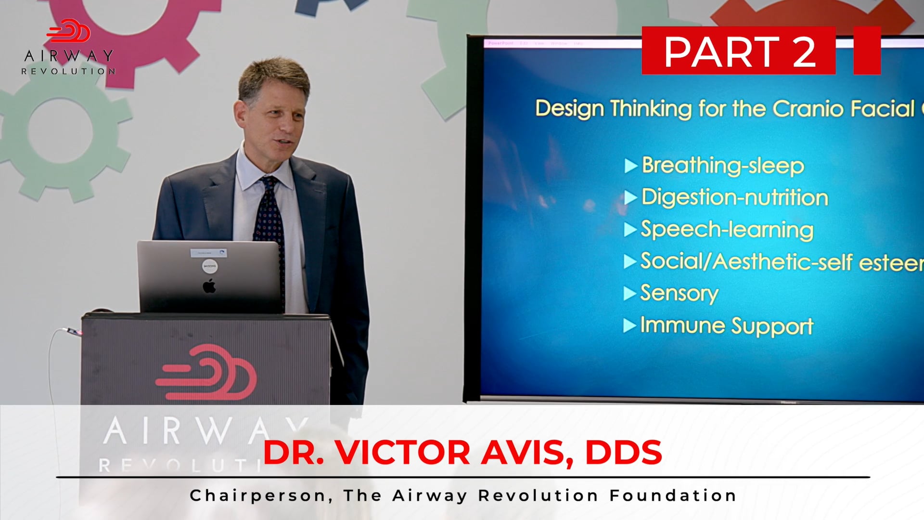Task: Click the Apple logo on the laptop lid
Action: pos(209,286)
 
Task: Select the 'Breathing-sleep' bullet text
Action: pos(723,166)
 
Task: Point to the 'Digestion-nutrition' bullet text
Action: pos(735,197)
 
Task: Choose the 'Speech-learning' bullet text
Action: pos(727,230)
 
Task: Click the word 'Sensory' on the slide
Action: pos(679,293)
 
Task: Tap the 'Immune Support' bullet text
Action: pos(727,326)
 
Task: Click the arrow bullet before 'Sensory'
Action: pos(629,293)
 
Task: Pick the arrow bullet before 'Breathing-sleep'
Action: pos(630,166)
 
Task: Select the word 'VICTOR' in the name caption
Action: pos(402,453)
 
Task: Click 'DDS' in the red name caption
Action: pos(623,453)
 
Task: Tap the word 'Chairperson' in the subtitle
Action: pos(258,495)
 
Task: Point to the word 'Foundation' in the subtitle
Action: pos(673,495)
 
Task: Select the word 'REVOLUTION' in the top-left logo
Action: pos(68,71)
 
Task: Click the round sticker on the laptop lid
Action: pos(209,266)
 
